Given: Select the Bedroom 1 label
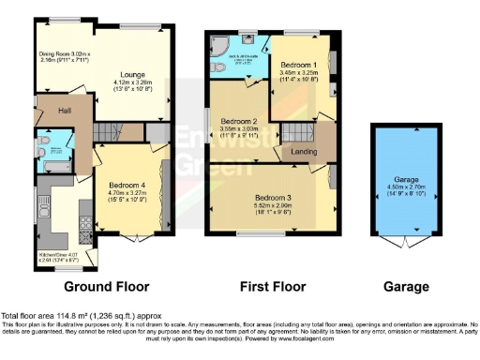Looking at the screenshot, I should (299, 64).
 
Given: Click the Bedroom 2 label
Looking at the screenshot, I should (239, 122).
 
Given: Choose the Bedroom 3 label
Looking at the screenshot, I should (273, 198).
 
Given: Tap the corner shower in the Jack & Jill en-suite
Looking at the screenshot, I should (222, 46).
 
